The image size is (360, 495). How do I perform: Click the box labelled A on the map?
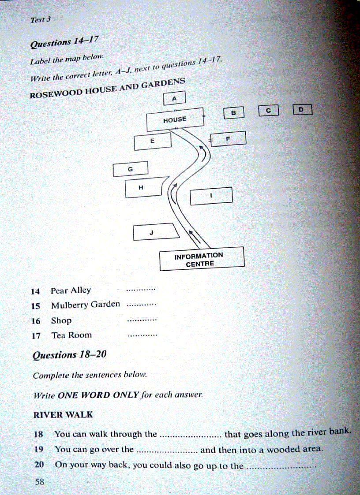(x=174, y=98)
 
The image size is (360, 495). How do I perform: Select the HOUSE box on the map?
(x=175, y=119)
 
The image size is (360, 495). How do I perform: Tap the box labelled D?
(x=302, y=109)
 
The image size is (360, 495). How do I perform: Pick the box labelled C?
(x=268, y=111)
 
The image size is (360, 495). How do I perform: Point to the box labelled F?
(x=228, y=139)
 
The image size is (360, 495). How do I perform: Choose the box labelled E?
(x=152, y=141)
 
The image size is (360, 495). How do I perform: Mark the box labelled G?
(x=130, y=169)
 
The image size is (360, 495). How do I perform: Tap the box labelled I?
(x=211, y=196)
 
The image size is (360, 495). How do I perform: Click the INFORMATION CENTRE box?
(x=201, y=259)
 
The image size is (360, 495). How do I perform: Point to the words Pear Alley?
(x=71, y=290)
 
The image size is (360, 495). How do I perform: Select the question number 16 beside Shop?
(x=36, y=321)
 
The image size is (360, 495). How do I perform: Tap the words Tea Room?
(x=71, y=335)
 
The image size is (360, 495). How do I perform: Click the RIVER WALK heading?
(x=63, y=415)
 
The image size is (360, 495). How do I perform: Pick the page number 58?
(x=40, y=482)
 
